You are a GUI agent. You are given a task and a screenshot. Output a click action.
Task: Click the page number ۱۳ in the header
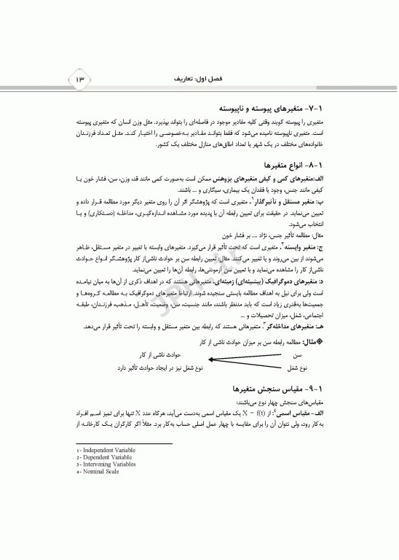click(x=79, y=77)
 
